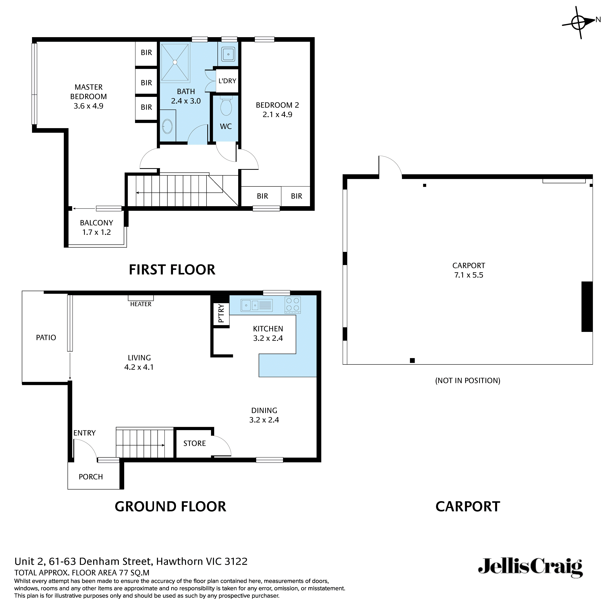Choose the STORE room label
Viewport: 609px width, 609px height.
click(x=194, y=443)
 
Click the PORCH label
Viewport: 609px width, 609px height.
click(x=91, y=477)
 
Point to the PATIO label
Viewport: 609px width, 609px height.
click(x=46, y=338)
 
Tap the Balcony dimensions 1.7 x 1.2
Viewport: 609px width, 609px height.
click(x=96, y=232)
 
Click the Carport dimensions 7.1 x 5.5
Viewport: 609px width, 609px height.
click(x=468, y=275)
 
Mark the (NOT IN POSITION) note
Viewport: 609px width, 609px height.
click(x=467, y=380)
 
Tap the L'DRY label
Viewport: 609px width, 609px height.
click(x=227, y=81)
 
